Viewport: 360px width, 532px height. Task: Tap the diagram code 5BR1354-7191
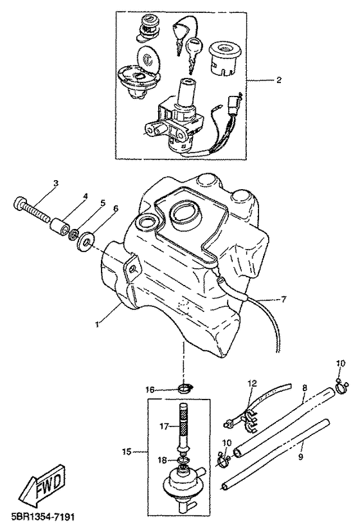[40, 518]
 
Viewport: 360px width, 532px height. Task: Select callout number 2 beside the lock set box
[278, 80]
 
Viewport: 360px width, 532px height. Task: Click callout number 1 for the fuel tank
[97, 324]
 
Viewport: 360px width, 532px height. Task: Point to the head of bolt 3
[20, 205]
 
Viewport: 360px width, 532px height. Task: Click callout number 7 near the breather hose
[283, 300]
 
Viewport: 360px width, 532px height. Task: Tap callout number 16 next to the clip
[150, 390]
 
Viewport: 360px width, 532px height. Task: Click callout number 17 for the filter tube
[164, 426]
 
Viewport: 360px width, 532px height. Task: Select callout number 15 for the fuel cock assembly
[127, 452]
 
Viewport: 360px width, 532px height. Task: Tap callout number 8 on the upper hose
[305, 387]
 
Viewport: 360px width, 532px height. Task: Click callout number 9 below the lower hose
[300, 457]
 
